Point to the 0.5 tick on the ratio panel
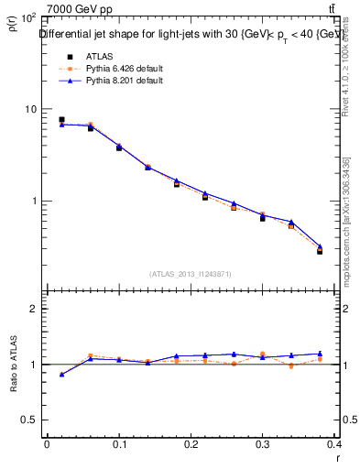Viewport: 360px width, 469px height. coord(28,420)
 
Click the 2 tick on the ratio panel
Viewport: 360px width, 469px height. coord(33,309)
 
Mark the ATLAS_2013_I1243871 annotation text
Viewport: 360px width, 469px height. coord(191,274)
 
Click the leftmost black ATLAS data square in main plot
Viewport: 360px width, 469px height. coord(61,120)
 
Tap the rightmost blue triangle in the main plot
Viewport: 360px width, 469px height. coord(320,246)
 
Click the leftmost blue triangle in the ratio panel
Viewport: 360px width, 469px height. coord(61,374)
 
